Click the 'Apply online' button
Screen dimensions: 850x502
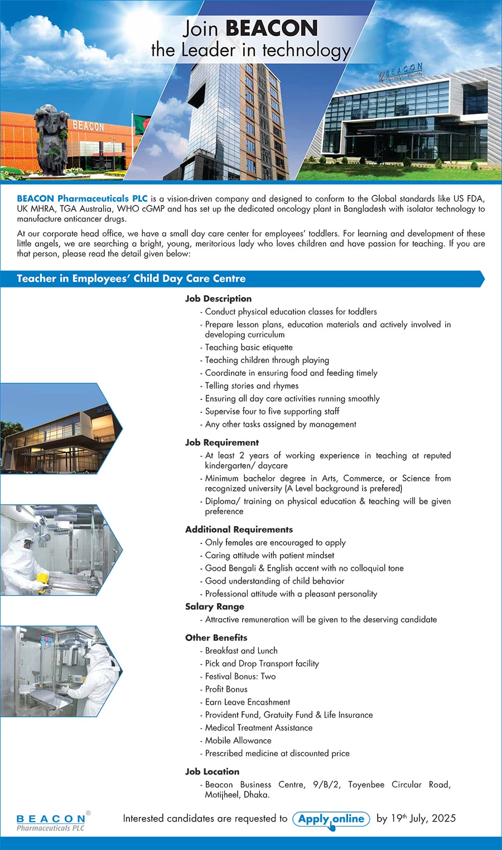[331, 819]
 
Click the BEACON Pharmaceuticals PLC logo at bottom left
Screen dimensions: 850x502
[51, 822]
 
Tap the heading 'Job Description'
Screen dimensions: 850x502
[218, 299]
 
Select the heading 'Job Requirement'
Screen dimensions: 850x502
[222, 442]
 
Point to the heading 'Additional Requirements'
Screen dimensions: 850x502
[239, 529]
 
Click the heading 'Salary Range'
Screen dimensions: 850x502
[215, 607]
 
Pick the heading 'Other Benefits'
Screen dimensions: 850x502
[216, 638]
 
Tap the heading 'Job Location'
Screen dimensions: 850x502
[212, 772]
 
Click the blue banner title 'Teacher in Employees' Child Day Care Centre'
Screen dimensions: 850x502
[131, 279]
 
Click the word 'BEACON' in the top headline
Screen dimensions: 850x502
[272, 28]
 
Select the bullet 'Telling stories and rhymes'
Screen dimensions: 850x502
[252, 386]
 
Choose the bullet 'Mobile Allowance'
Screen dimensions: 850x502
[238, 741]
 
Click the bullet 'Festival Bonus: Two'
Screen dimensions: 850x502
[240, 676]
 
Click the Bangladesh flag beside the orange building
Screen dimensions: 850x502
[142, 125]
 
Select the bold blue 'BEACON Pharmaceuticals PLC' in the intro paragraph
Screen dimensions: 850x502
[82, 199]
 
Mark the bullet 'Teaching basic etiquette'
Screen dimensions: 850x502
[249, 347]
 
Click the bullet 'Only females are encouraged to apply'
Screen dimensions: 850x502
[275, 542]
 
